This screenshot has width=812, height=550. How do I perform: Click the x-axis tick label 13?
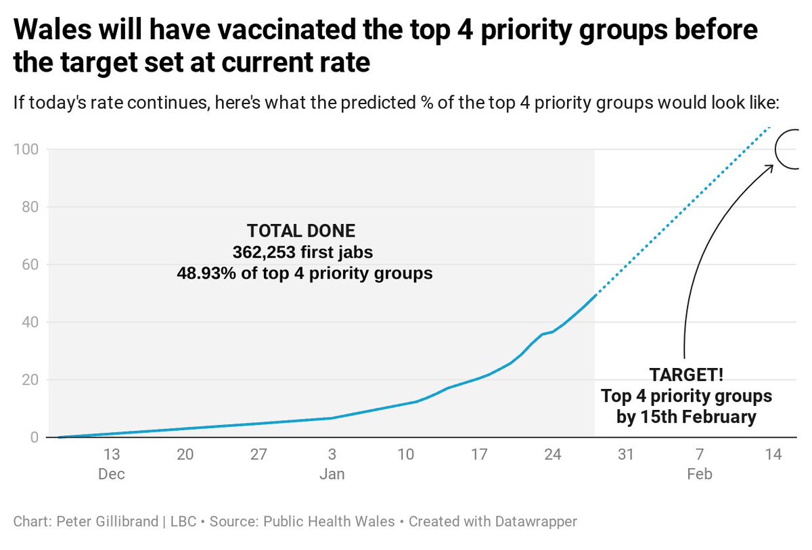[112, 455]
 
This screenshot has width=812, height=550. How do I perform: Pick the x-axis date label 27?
[258, 455]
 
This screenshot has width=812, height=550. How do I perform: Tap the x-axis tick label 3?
[332, 455]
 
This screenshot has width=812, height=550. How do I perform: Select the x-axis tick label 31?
[626, 455]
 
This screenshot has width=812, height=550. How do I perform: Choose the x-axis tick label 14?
[773, 455]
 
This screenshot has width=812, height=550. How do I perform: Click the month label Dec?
[112, 474]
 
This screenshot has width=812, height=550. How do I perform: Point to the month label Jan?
[332, 474]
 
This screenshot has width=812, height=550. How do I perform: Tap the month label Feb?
[699, 474]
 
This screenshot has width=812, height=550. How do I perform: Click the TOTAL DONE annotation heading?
[301, 231]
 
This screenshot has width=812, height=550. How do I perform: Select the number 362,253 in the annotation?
[266, 252]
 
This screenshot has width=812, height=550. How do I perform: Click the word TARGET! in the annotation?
[686, 375]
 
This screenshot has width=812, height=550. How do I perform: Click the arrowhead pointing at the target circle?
[771, 166]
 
